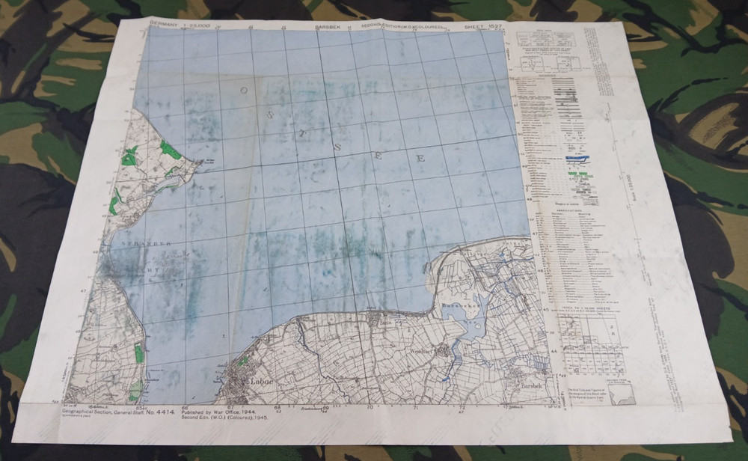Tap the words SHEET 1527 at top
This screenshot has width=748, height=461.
point(483,27)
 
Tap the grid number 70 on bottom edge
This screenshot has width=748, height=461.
point(370,408)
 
